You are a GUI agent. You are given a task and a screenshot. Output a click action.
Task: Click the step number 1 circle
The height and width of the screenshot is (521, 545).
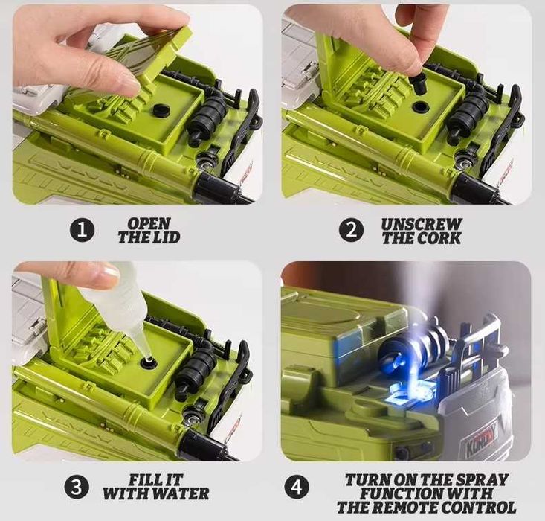82,231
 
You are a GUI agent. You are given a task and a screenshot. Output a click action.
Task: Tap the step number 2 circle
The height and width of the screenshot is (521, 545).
352,231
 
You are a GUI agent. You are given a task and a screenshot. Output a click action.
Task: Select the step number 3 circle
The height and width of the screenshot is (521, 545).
77,487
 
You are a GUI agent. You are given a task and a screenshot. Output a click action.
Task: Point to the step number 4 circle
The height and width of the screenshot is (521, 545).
297,487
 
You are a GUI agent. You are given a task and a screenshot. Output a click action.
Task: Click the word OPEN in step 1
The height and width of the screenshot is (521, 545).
149,224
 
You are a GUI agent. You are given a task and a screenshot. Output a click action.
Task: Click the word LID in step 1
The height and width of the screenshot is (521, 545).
167,237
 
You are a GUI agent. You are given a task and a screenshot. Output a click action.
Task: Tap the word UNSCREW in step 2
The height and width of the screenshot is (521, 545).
422,225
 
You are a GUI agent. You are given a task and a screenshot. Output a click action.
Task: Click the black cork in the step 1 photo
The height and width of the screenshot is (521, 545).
161,109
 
